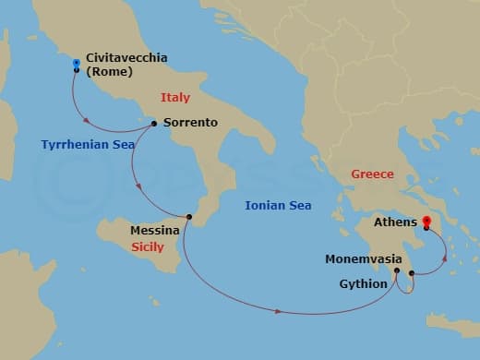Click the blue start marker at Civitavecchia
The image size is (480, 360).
(76, 64)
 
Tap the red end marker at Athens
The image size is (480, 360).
(426, 222)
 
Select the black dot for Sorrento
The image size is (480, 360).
(154, 122)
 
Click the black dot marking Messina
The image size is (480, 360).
(188, 217)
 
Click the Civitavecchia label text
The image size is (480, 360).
(126, 57)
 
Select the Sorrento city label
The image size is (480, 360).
(190, 122)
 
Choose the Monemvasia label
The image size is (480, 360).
(362, 259)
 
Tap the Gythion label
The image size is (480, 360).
(363, 283)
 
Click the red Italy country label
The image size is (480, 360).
(175, 97)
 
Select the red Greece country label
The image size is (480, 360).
(372, 174)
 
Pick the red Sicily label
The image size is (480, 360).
(148, 247)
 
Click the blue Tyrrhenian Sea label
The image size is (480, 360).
(89, 145)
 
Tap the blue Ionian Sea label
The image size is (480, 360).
(278, 206)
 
